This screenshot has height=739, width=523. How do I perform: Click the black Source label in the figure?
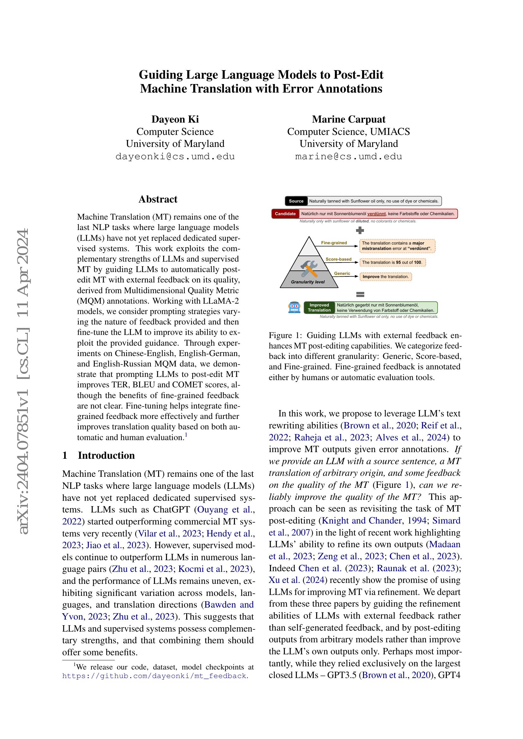[296, 201]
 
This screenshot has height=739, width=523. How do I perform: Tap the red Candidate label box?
[285, 214]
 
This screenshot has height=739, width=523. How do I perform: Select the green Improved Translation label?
[319, 308]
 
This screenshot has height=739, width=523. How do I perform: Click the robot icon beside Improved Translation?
[294, 307]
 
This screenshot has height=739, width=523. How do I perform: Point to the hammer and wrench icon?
[309, 269]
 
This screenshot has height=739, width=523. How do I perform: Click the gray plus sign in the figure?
[360, 230]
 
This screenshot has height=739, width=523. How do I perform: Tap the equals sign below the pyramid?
[360, 294]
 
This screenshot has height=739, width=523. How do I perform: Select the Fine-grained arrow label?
[334, 243]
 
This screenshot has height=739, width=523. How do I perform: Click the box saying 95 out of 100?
[392, 262]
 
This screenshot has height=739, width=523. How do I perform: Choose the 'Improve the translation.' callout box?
[385, 276]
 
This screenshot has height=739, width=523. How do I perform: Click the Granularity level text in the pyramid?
[308, 282]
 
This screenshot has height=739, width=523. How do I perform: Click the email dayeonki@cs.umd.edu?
[175, 157]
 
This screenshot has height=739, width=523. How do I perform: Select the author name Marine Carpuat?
[348, 119]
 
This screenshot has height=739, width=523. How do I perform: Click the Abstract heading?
[158, 199]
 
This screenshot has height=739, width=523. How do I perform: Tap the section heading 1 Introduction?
[99, 456]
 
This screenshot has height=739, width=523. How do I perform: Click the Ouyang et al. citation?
[225, 510]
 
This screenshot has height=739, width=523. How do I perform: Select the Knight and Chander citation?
[362, 520]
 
